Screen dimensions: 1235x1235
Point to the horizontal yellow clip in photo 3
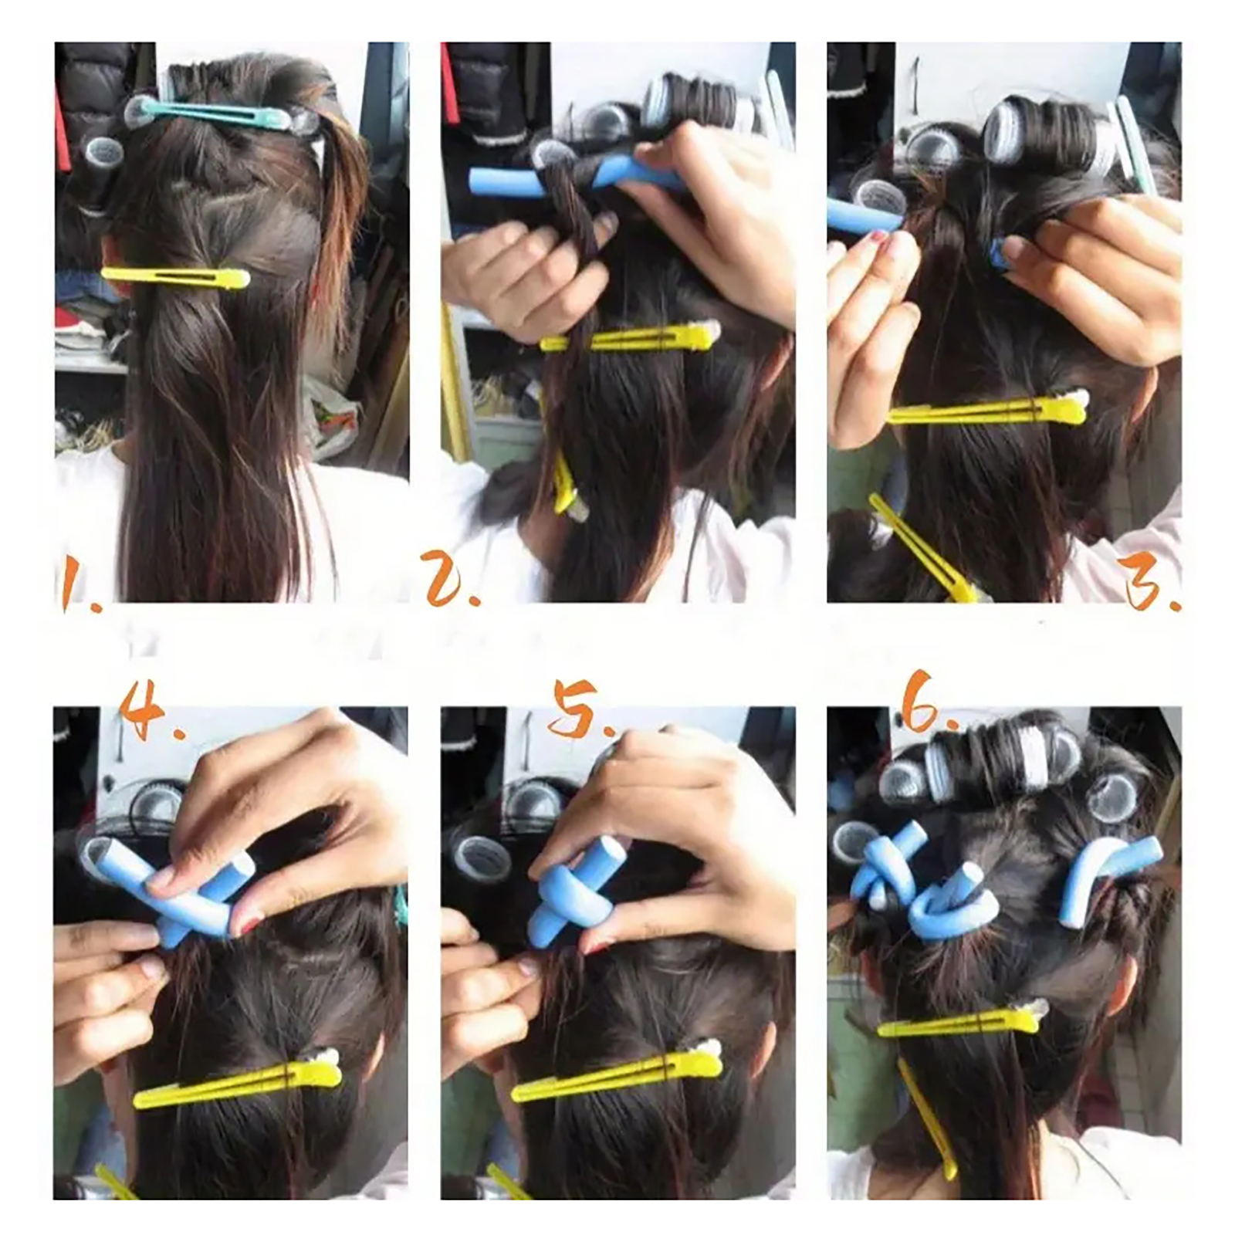(x=988, y=409)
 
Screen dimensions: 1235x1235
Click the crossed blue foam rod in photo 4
(x=170, y=888)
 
